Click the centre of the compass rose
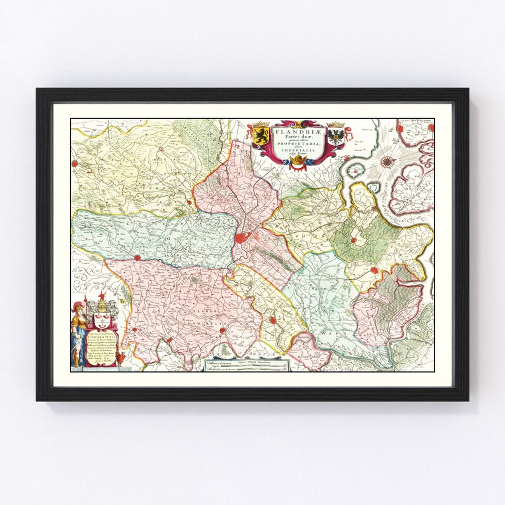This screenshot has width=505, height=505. (386, 162)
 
